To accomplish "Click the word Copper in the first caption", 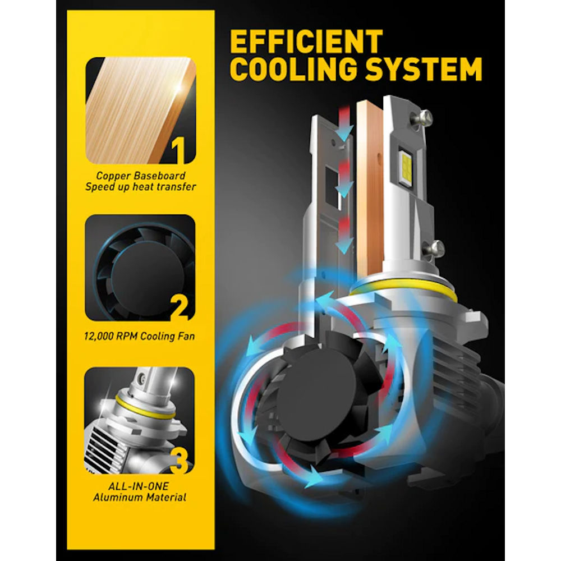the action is coord(113,176).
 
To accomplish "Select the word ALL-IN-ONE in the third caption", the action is coord(139,486).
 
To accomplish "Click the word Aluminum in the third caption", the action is coord(114,497).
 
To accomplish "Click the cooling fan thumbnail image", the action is coord(140,268).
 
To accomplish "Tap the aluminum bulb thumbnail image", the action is coord(140,420).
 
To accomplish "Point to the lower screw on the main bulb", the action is coord(435,249).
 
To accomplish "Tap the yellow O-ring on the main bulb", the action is coord(403,290).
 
